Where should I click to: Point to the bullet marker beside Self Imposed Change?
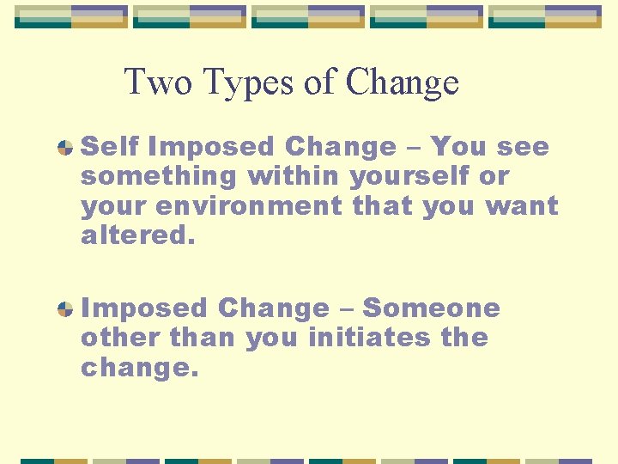point(64,148)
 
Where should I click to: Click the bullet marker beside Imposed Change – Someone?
point(64,308)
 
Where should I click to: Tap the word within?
point(294,176)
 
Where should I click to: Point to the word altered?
point(138,235)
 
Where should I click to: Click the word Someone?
point(432,308)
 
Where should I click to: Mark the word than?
point(203,337)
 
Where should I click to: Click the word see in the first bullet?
point(522,147)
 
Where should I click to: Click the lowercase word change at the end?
point(139,368)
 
